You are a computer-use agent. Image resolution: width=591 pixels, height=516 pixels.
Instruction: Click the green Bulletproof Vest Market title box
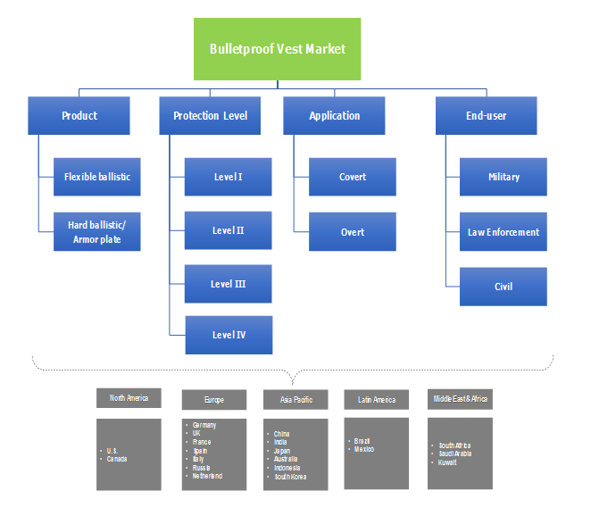278,49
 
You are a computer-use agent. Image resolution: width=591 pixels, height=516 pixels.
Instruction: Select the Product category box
79,116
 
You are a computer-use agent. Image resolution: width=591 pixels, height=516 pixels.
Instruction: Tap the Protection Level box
210,116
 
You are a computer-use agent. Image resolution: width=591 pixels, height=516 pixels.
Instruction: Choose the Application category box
334,116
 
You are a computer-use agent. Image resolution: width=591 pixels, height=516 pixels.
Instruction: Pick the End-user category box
487,116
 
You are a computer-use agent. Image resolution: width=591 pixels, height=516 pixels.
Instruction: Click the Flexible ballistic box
96,177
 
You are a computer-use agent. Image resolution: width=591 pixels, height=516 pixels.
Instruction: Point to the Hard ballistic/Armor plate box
96,232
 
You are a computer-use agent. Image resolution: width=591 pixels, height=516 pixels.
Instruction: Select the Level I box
228,177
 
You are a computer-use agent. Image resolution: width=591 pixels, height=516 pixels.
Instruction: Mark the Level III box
228,284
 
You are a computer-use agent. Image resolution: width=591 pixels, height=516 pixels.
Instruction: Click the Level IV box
228,336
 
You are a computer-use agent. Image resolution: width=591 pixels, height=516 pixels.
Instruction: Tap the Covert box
353,177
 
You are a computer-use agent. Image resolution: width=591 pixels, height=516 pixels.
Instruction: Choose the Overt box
353,232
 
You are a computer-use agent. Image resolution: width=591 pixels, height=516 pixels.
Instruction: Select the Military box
504,177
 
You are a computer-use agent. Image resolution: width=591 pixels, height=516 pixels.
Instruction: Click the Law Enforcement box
504,232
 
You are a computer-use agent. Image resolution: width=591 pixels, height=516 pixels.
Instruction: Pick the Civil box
504,287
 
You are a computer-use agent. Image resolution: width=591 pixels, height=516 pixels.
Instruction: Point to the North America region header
129,398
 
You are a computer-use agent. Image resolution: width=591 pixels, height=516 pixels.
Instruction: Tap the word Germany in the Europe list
204,425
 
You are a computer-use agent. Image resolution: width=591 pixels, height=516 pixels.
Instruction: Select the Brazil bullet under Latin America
362,441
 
